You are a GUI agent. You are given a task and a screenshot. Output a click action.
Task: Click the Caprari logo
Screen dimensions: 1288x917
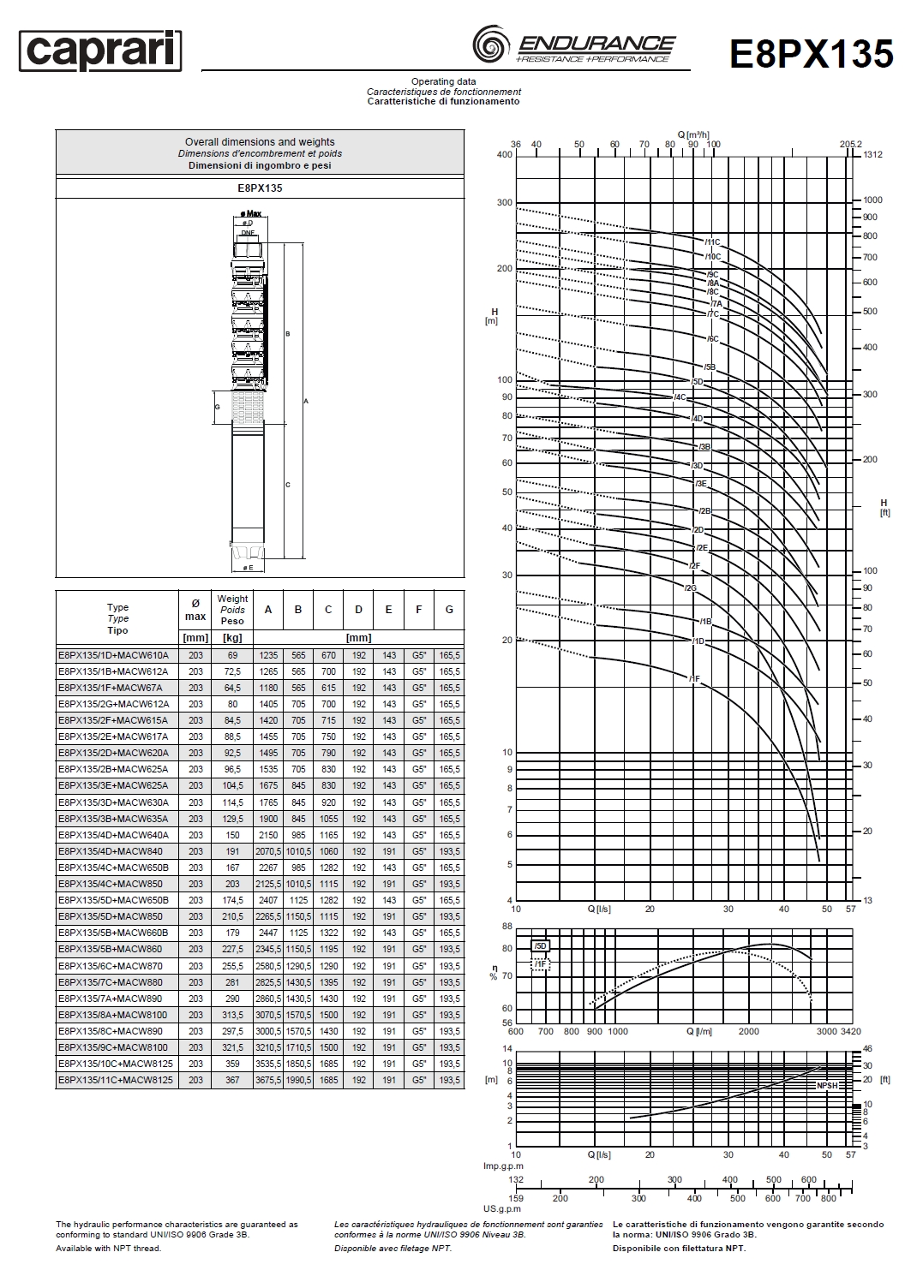100,51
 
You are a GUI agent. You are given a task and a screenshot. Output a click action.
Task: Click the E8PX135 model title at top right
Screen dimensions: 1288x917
812,53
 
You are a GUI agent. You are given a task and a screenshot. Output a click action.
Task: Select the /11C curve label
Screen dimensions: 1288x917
712,242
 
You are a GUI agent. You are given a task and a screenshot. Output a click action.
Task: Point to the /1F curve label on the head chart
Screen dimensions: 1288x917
694,678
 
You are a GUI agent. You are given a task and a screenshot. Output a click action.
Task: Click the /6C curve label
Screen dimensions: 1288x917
712,339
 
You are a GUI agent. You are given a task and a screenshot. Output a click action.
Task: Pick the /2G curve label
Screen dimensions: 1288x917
691,587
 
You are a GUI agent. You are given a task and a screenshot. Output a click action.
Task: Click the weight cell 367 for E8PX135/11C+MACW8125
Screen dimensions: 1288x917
232,1080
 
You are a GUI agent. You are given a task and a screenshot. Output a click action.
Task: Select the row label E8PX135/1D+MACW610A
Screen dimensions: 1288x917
113,655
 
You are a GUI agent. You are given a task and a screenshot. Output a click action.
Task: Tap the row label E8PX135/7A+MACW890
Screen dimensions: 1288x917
113,999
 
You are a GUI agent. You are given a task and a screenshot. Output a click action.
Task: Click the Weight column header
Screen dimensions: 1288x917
232,609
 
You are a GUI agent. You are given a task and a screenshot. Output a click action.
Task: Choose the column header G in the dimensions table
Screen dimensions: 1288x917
449,610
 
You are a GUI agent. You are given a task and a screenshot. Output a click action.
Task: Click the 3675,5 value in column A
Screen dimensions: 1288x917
268,1080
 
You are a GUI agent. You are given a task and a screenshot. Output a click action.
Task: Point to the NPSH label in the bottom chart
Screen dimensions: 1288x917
827,1085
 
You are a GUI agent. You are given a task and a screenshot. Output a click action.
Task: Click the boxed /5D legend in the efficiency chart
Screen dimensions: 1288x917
540,946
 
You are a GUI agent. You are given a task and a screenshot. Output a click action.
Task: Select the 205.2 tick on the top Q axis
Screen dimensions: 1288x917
850,144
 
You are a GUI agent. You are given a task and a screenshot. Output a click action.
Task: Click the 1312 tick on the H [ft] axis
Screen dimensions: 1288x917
872,155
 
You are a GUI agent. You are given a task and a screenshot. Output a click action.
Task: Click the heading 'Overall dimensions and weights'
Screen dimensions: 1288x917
260,142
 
